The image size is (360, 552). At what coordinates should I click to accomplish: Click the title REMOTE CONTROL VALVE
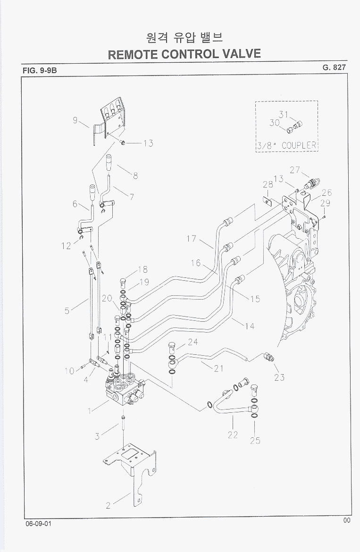(x=184, y=53)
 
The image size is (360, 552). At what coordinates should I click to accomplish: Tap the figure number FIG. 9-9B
(x=40, y=71)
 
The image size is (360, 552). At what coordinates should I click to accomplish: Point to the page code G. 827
(x=334, y=67)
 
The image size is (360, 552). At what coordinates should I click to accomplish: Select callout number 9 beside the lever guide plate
(x=75, y=120)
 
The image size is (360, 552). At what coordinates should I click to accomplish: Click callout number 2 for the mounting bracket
(x=108, y=505)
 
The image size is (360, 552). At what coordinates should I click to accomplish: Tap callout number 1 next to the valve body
(x=89, y=410)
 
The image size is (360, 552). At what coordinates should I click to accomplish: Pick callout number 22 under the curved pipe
(x=233, y=435)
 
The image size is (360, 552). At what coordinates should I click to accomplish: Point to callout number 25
(x=255, y=441)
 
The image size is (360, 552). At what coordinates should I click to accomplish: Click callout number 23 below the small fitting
(x=279, y=377)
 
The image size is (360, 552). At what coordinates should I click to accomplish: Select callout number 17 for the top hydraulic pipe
(x=191, y=239)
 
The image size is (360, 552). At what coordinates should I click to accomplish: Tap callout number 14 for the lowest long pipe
(x=250, y=326)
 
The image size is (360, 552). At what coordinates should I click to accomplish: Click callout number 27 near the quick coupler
(x=295, y=170)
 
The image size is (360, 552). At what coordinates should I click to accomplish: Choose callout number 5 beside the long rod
(x=67, y=310)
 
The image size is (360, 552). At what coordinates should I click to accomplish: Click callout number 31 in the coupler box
(x=283, y=114)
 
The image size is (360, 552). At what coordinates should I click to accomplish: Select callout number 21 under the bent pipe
(x=218, y=369)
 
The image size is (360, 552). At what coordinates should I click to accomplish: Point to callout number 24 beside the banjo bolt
(x=193, y=342)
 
